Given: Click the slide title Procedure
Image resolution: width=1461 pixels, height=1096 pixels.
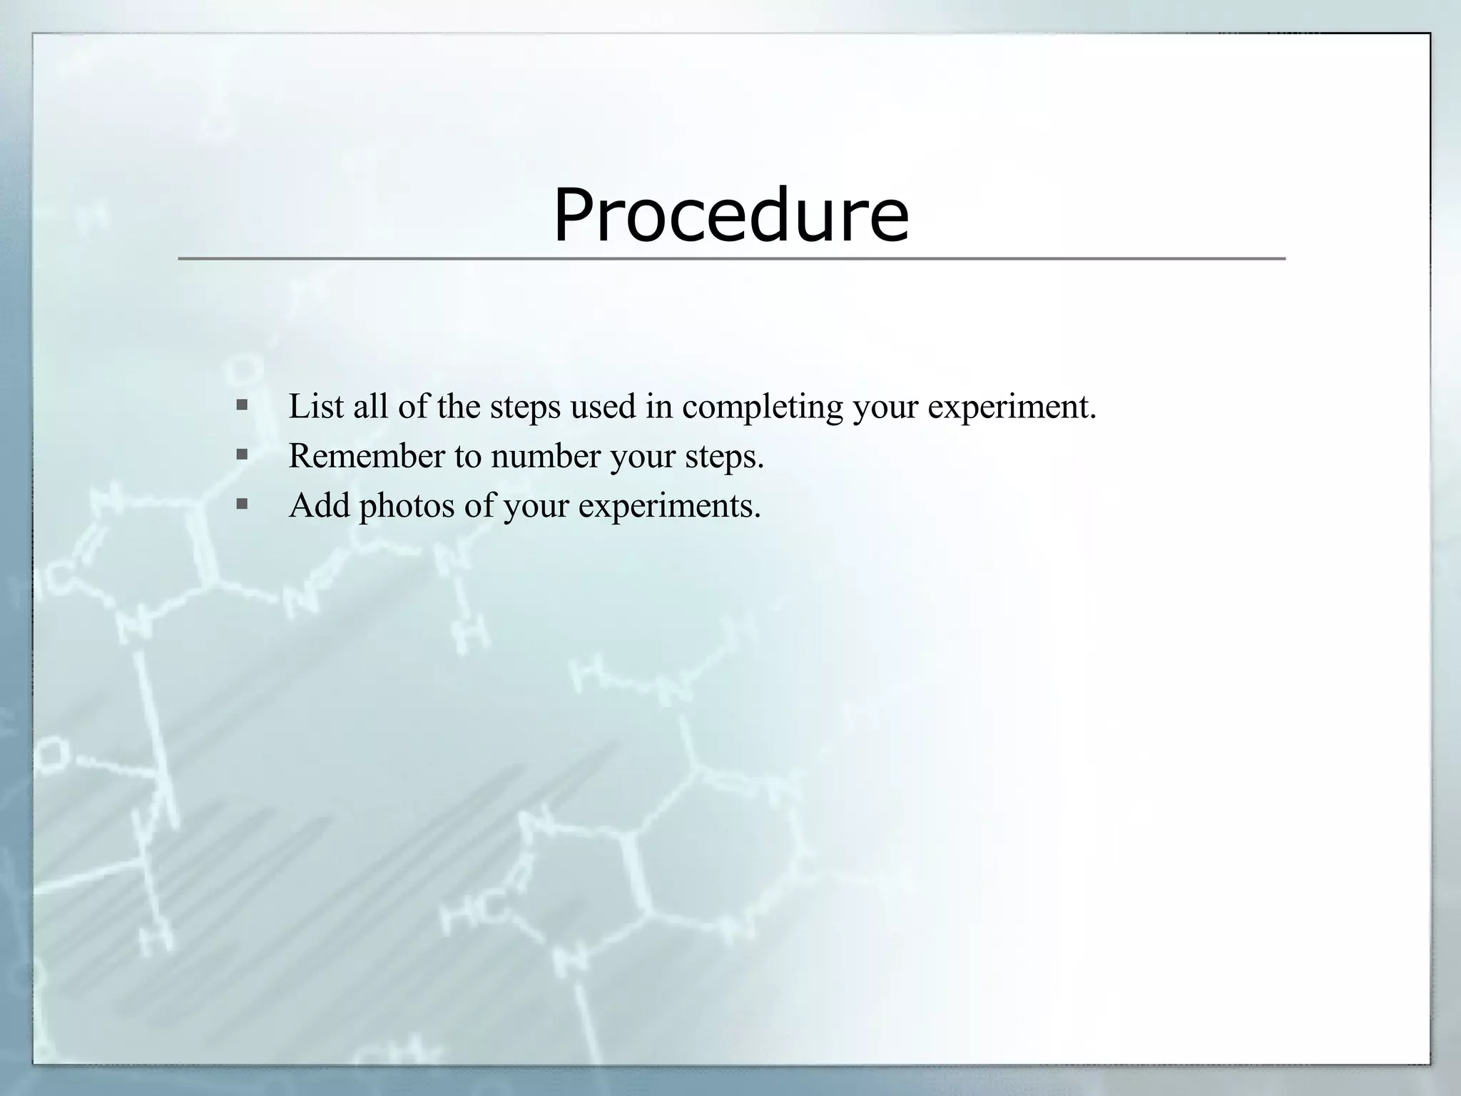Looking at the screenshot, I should pyautogui.click(x=730, y=214).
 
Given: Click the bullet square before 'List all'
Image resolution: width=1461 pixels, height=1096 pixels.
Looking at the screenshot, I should pyautogui.click(x=242, y=405).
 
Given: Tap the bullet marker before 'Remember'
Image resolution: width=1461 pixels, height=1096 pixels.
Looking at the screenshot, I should pyautogui.click(x=242, y=455).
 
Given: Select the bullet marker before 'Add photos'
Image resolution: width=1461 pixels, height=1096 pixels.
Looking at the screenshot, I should pyautogui.click(x=242, y=504).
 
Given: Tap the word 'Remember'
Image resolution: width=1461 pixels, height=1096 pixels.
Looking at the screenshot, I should pyautogui.click(x=367, y=456).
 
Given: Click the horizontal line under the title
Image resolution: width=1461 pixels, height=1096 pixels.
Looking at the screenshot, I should pyautogui.click(x=730, y=258).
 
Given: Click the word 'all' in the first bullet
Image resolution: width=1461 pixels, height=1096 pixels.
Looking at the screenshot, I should pyautogui.click(x=371, y=407).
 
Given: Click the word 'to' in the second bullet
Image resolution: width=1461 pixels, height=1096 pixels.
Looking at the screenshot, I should pyautogui.click(x=467, y=456).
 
